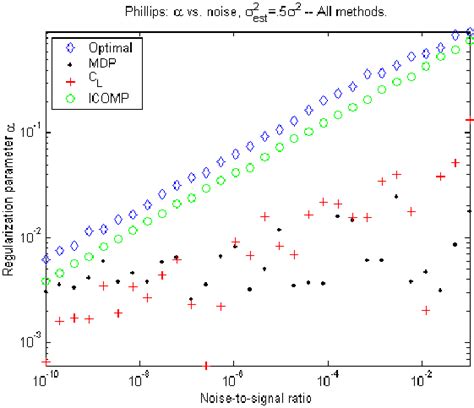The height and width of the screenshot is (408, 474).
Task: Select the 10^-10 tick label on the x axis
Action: [47, 381]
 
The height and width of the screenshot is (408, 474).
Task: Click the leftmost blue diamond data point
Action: [46, 259]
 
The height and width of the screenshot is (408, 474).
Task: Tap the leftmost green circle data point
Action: [46, 282]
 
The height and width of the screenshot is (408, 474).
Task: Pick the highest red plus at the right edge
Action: [470, 120]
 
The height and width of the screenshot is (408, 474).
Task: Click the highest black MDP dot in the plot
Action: [396, 196]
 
